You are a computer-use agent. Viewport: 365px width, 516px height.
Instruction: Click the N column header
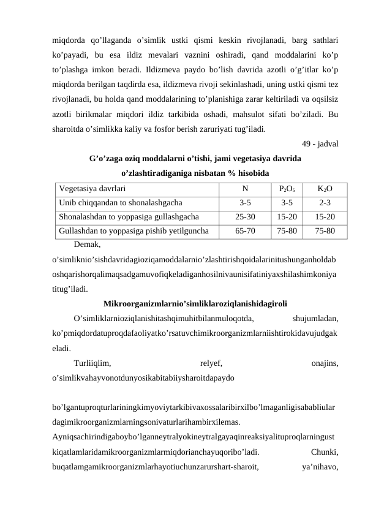pos(245,189)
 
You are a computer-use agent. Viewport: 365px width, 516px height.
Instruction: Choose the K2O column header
pos(325,189)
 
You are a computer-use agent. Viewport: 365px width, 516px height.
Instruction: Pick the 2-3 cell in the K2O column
pos(325,203)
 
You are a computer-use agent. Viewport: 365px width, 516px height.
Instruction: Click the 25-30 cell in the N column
pos(245,217)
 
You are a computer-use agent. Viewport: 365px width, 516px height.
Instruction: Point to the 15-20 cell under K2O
pos(325,217)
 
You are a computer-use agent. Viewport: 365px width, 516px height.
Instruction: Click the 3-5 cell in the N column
pos(245,203)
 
